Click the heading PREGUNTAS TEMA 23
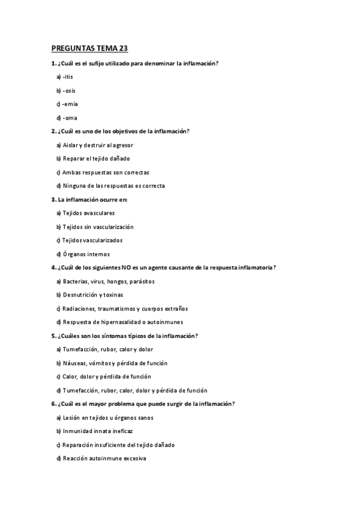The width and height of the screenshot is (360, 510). (x=90, y=49)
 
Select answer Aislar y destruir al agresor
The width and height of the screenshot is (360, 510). (x=97, y=145)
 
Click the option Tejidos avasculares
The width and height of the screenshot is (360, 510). (x=88, y=213)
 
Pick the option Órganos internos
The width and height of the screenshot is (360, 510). (x=87, y=254)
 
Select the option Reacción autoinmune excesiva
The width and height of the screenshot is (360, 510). (x=104, y=459)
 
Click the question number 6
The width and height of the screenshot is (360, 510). (x=53, y=404)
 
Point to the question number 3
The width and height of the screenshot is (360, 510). (x=53, y=199)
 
